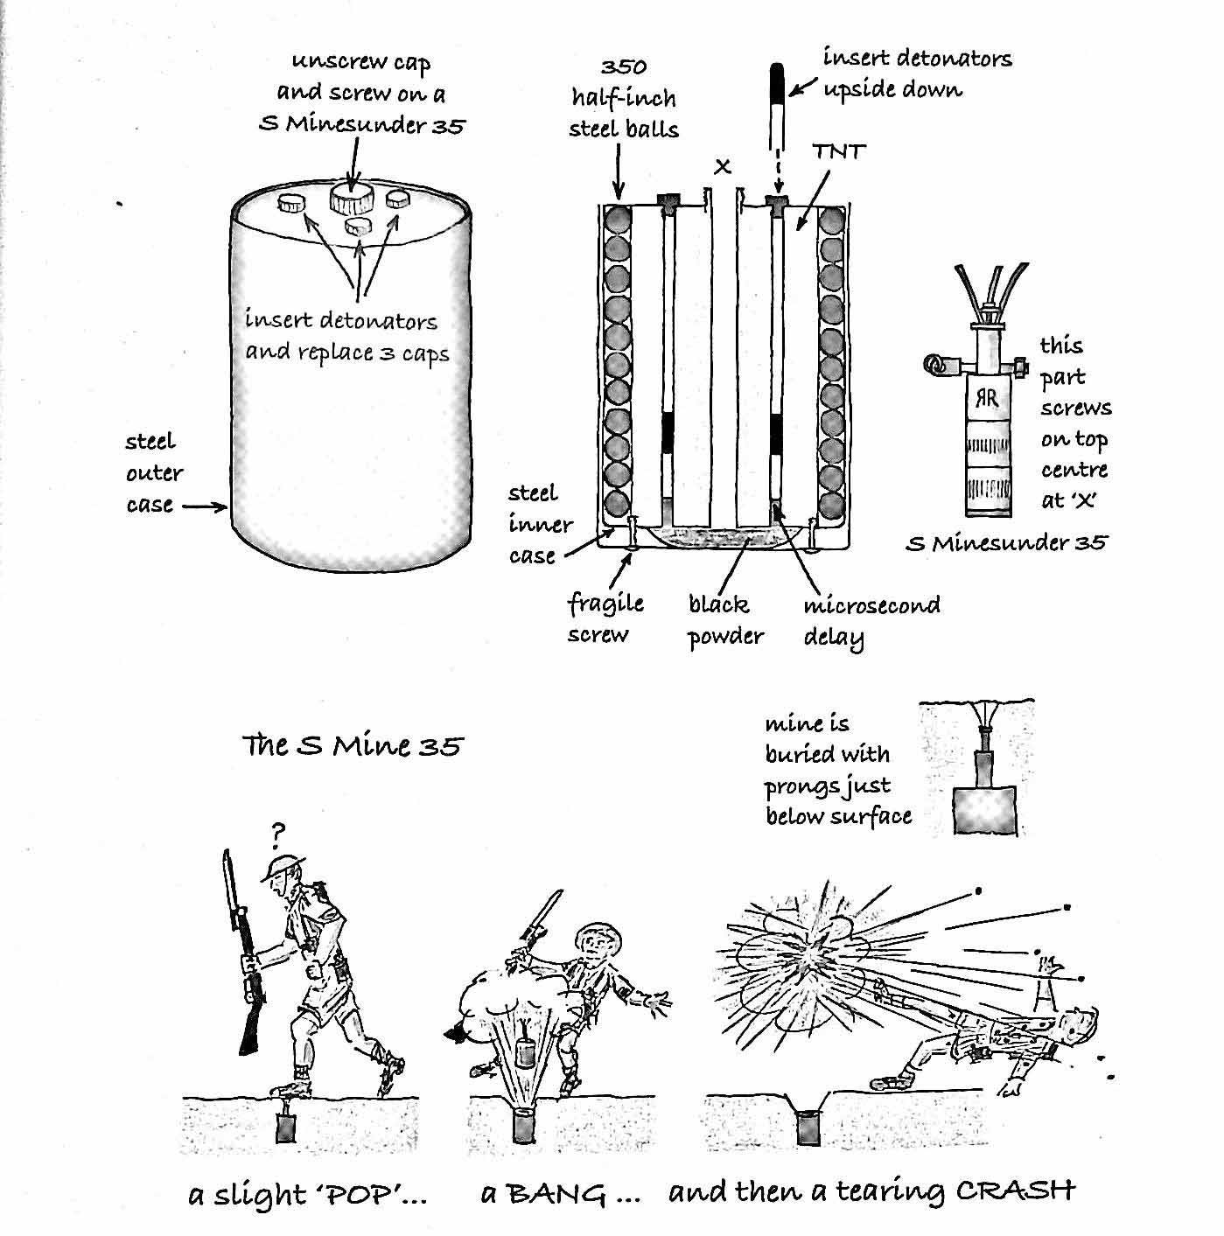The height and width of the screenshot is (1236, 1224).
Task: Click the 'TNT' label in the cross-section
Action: click(838, 152)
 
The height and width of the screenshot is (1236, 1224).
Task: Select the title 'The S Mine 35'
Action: click(353, 746)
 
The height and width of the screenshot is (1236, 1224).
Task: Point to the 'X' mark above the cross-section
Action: click(722, 166)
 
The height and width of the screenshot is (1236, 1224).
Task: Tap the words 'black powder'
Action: click(724, 620)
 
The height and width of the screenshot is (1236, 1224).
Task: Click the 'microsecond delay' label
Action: click(871, 620)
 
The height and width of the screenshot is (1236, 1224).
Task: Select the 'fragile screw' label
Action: click(605, 618)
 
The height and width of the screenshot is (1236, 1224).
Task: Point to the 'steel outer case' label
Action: click(153, 473)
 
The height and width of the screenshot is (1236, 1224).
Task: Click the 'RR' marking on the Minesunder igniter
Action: click(987, 401)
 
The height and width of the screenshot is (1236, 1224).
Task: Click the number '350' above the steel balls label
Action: click(624, 67)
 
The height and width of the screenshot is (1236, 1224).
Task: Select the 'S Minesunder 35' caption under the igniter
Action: click(1006, 543)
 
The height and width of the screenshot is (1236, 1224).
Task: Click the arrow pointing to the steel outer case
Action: click(205, 506)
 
